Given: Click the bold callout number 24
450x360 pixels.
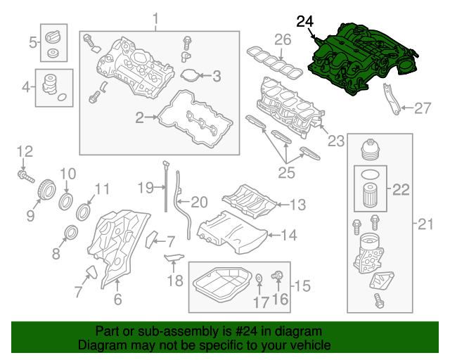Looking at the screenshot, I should [306, 22].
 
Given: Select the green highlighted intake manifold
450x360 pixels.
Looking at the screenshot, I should [362, 56].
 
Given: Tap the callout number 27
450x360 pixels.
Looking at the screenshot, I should [422, 108].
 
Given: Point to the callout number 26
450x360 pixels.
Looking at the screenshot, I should [282, 39].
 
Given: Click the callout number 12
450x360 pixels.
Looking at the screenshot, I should [25, 150].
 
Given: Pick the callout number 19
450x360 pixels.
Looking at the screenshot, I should [145, 188].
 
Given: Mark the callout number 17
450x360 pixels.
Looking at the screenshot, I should [261, 303].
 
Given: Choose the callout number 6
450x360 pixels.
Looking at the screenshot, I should [117, 300].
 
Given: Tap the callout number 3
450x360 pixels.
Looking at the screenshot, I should [217, 75].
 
